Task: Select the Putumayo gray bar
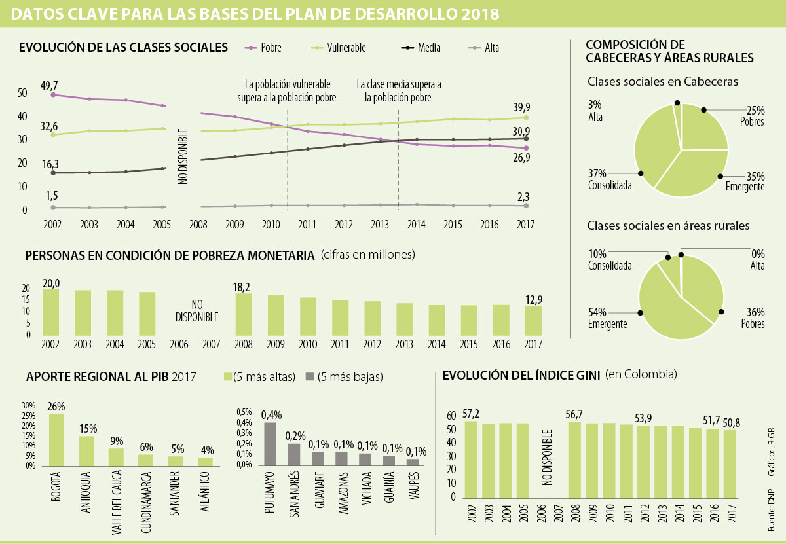(x=270, y=444)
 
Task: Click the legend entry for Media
(x=429, y=48)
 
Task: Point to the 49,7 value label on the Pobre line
(x=49, y=86)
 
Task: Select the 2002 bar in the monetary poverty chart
(x=50, y=312)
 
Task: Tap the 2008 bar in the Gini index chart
(x=574, y=459)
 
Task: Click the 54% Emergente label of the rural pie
(x=607, y=318)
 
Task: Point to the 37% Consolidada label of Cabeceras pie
(x=610, y=179)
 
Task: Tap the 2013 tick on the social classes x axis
(x=380, y=225)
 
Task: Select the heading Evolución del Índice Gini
(x=521, y=375)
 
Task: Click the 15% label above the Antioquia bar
(x=88, y=429)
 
